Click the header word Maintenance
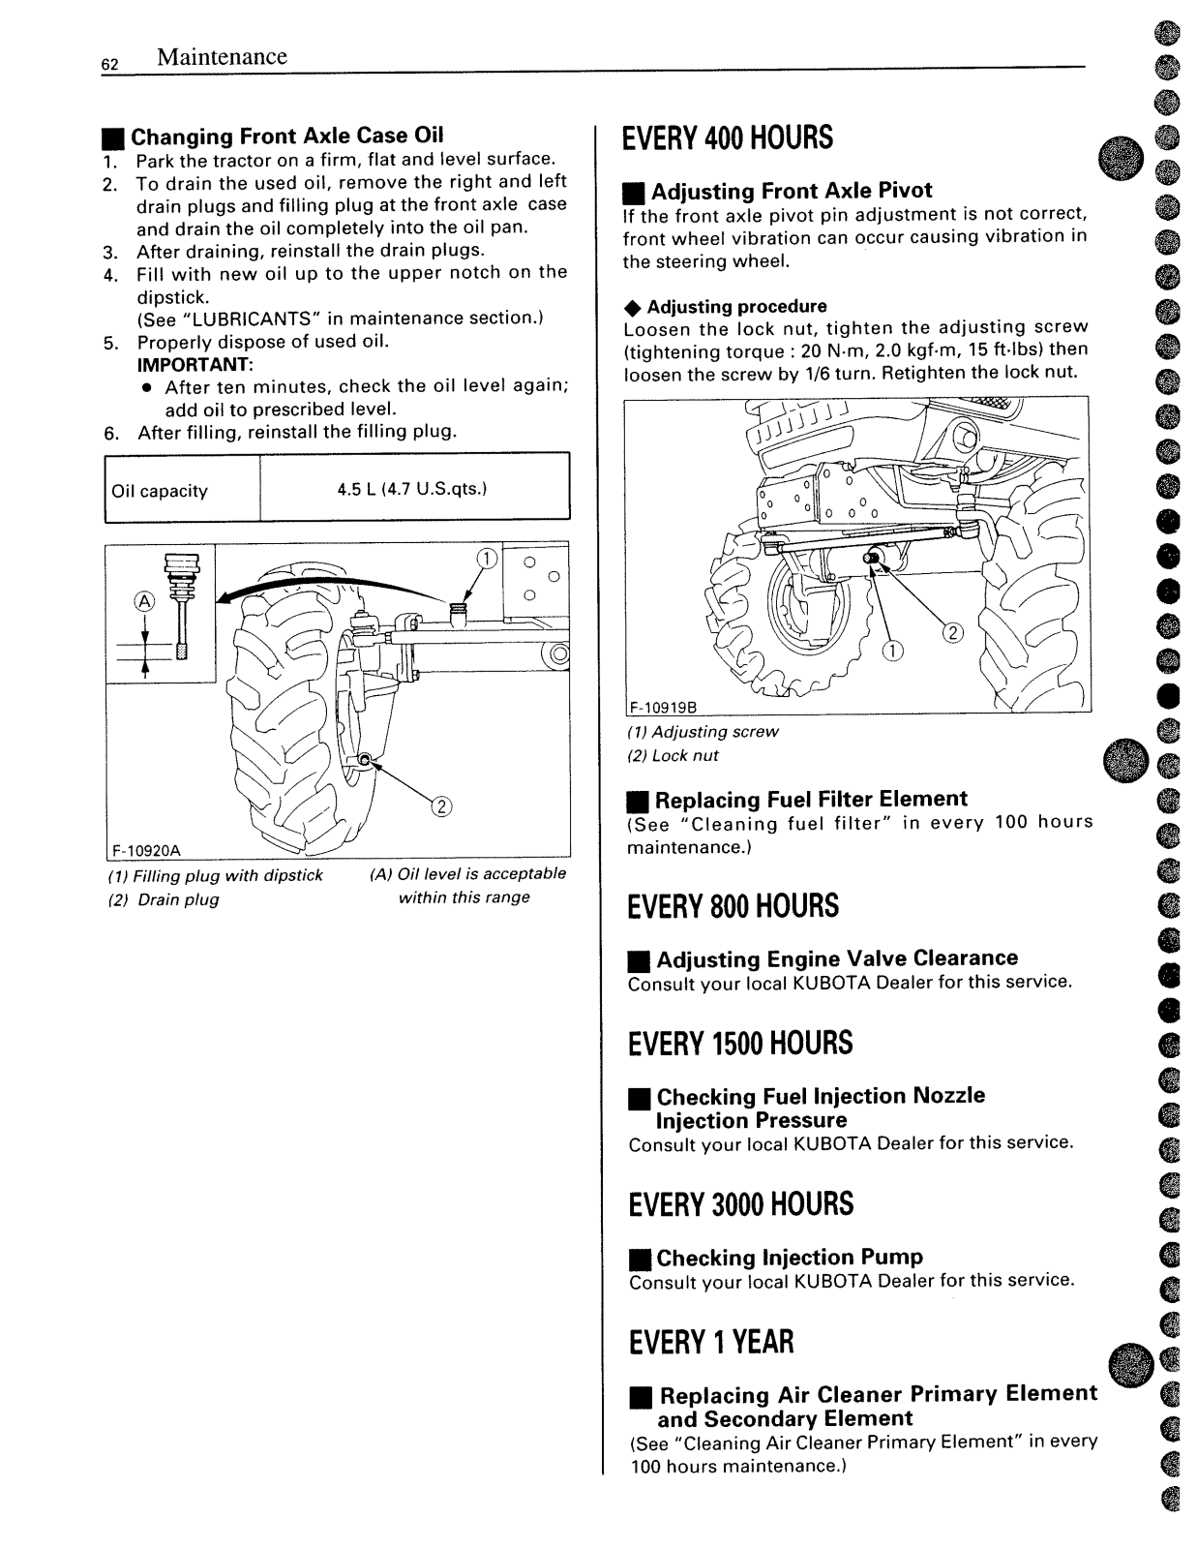point(222,56)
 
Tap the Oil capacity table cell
point(161,491)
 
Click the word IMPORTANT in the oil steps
point(195,364)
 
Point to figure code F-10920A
point(146,851)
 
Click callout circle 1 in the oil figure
point(487,558)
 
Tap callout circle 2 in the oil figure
point(440,806)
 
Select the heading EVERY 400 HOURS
point(728,138)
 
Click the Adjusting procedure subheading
point(736,307)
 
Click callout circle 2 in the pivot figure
point(953,634)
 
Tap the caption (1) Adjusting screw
point(703,732)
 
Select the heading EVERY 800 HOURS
point(733,907)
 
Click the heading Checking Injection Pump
point(789,1258)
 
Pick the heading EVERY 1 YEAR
point(710,1343)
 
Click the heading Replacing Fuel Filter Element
point(810,800)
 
